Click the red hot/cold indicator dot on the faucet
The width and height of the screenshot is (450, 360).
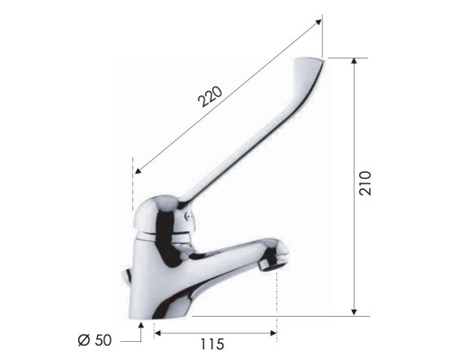click(188, 217)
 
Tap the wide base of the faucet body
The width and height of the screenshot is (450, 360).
click(171, 301)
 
